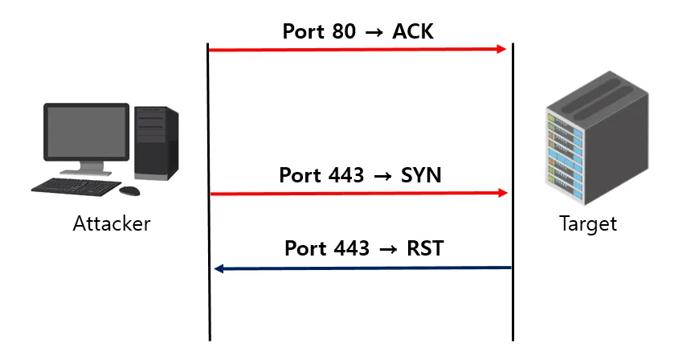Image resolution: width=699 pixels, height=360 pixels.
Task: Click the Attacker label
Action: tap(111, 223)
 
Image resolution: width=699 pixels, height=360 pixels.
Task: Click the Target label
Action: tap(587, 223)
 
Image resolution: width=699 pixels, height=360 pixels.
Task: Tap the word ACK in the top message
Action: tap(413, 32)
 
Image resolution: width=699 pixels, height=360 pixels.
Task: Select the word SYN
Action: tap(420, 175)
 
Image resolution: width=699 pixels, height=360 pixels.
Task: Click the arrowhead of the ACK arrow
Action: tap(502, 49)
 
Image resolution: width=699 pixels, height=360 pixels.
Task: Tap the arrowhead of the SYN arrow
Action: tap(503, 193)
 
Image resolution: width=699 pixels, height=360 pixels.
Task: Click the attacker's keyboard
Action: tap(76, 186)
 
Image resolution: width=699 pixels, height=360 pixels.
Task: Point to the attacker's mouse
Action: tap(129, 190)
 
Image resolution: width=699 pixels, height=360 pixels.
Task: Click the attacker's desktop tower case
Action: tap(155, 142)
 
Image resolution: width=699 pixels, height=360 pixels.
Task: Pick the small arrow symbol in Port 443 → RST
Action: tap(387, 249)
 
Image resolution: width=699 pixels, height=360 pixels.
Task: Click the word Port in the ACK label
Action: tap(303, 32)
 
